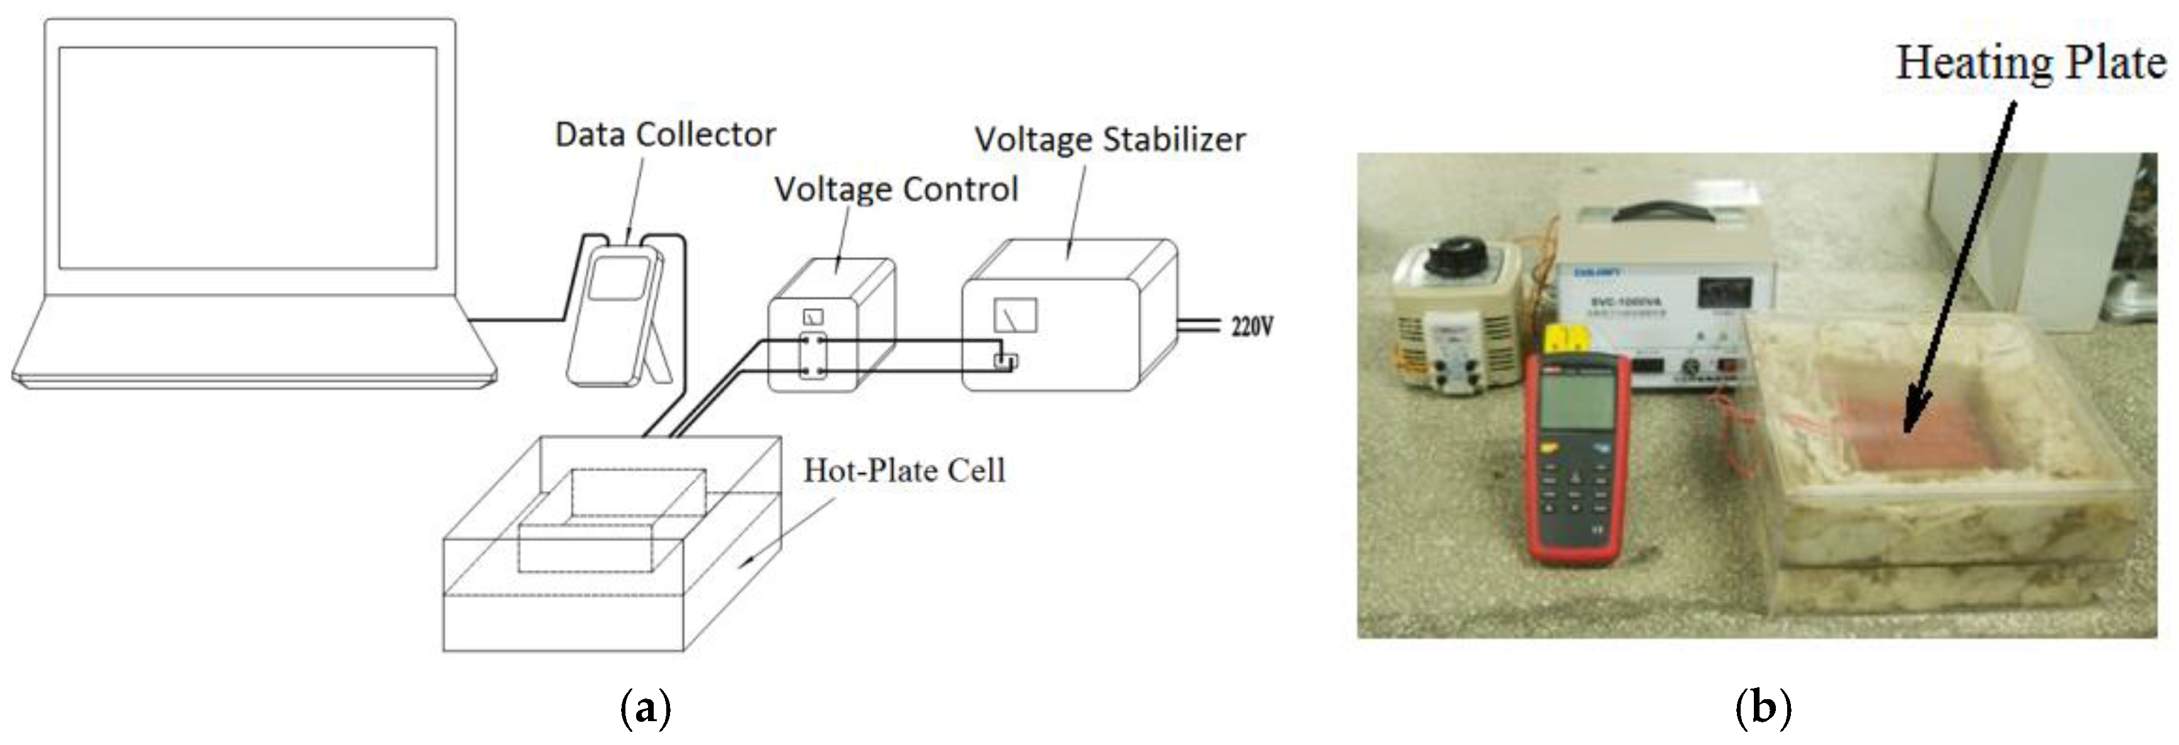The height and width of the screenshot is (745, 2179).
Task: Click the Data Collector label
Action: [665, 134]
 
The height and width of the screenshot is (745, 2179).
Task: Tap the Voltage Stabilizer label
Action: [1110, 139]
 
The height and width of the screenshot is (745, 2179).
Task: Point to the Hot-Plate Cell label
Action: [904, 470]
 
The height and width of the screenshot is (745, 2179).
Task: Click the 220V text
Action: [1252, 326]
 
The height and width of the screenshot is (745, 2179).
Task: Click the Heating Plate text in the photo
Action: [2030, 63]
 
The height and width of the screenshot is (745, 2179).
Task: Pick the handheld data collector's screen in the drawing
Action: [619, 278]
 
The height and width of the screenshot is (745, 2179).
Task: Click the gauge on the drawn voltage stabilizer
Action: [1015, 316]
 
